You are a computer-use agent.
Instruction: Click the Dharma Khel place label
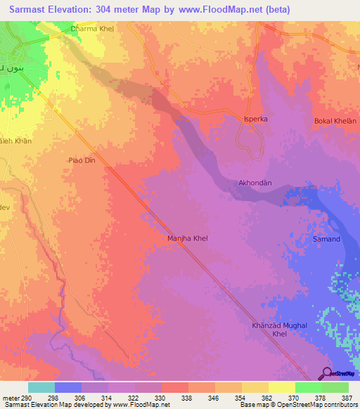(x=92, y=29)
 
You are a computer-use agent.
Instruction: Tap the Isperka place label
(x=256, y=119)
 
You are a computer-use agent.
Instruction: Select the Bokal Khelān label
(x=335, y=122)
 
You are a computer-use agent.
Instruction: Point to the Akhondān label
(x=255, y=183)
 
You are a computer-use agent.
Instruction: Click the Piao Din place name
(x=81, y=160)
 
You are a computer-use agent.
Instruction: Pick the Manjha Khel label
(x=187, y=238)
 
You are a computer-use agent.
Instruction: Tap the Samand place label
(x=326, y=239)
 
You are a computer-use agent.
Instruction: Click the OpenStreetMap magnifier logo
(x=328, y=373)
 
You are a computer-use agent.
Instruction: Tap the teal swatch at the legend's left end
(x=41, y=387)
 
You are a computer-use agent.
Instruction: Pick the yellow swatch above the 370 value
(x=281, y=387)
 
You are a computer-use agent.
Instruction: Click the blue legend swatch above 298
(x=67, y=387)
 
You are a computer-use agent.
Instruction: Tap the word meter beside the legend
(x=12, y=398)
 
